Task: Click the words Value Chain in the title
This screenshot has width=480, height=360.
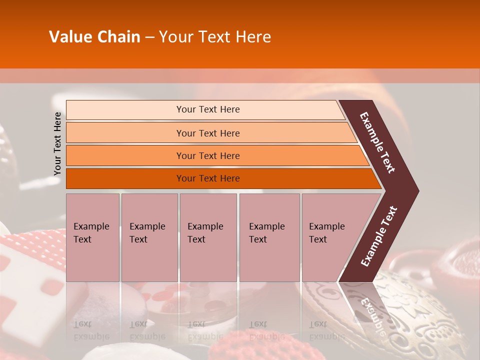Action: click(x=94, y=37)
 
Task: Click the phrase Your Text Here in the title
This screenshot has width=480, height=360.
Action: click(x=215, y=37)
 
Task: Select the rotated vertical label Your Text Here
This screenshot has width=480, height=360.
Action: click(x=57, y=143)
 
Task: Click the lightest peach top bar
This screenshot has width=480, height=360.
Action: click(x=125, y=110)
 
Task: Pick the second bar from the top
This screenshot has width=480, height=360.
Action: click(x=125, y=133)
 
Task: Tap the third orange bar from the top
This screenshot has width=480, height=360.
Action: click(x=125, y=155)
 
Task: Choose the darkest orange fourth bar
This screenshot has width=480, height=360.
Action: click(x=125, y=178)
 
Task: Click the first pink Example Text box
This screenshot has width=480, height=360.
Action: click(x=92, y=237)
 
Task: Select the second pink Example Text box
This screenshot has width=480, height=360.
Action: click(x=149, y=237)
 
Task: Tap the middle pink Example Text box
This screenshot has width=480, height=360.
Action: click(x=208, y=237)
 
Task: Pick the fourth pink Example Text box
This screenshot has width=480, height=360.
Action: click(x=269, y=237)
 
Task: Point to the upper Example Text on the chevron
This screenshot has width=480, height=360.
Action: click(x=378, y=142)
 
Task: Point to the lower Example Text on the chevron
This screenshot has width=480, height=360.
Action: click(x=379, y=236)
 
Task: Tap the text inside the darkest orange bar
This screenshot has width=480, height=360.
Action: click(x=208, y=178)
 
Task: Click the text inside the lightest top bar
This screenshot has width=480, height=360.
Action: click(x=208, y=109)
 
